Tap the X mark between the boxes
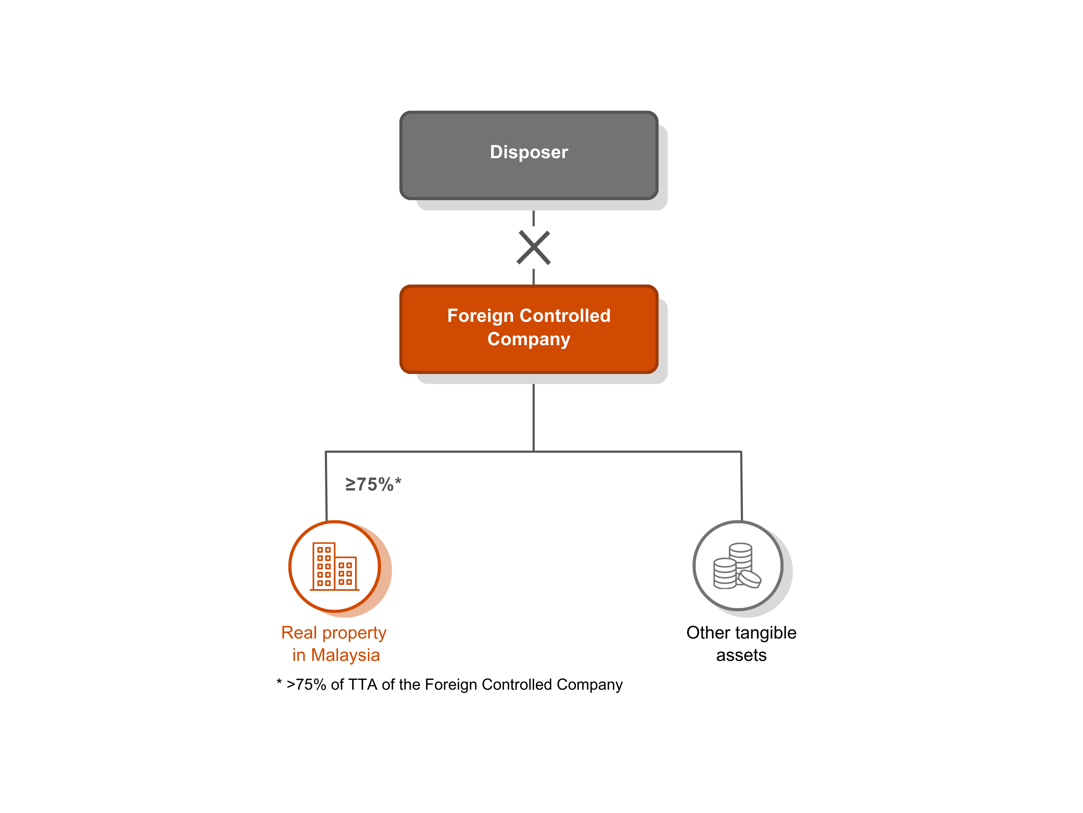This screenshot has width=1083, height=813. coord(534,248)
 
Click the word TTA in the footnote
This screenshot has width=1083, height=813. coord(362,685)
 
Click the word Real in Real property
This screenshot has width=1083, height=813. coord(299,633)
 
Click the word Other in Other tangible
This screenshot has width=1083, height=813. coord(708,633)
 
